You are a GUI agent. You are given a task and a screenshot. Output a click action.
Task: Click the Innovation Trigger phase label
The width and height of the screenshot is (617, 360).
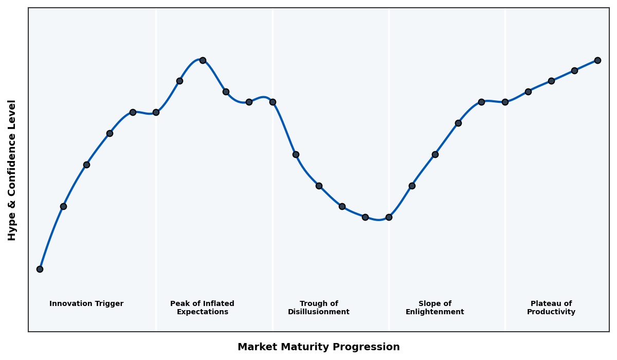click(86, 304)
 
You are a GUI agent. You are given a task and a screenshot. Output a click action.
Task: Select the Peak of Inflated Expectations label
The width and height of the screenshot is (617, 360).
click(202, 308)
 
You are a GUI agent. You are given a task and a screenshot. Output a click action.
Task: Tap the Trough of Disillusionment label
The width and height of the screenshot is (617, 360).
click(319, 308)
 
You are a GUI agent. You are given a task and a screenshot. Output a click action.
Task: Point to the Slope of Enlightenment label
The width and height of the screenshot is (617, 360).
click(435, 308)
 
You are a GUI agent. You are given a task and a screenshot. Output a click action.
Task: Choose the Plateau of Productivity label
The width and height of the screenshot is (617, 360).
click(551, 308)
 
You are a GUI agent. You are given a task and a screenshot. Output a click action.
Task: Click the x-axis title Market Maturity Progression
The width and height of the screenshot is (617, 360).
click(319, 347)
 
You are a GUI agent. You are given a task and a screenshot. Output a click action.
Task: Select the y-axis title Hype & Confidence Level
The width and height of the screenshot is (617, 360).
click(12, 170)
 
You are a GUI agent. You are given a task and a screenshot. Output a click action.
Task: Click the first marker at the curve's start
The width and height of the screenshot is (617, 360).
click(40, 269)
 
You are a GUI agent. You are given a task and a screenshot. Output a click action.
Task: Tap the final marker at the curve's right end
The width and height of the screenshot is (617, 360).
click(597, 60)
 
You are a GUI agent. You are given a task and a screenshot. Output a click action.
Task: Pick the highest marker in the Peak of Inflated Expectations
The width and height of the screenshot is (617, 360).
click(203, 60)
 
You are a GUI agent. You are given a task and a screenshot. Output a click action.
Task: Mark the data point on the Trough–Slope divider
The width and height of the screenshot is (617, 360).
click(389, 217)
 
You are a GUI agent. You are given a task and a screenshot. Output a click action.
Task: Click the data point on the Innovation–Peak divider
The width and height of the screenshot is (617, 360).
click(156, 112)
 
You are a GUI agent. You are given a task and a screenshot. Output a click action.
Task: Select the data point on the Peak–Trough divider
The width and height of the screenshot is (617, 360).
click(273, 102)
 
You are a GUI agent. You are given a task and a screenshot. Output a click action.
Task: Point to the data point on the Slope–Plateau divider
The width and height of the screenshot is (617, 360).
click(505, 102)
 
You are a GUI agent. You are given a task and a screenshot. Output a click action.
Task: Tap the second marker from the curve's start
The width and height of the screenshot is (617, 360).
click(63, 206)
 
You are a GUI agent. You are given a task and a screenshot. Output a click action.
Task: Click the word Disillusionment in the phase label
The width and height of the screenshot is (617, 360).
click(319, 312)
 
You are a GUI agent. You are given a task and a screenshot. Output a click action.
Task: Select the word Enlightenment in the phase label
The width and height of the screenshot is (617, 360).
click(435, 312)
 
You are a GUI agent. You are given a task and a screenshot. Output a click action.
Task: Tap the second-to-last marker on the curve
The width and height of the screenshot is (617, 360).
click(574, 70)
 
